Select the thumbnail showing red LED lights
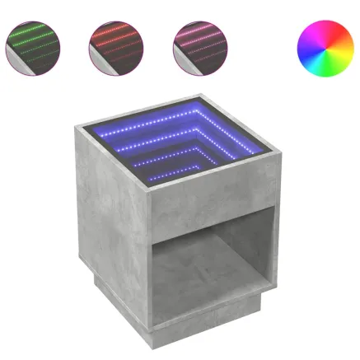(115, 44)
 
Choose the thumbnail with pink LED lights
(198, 44)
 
